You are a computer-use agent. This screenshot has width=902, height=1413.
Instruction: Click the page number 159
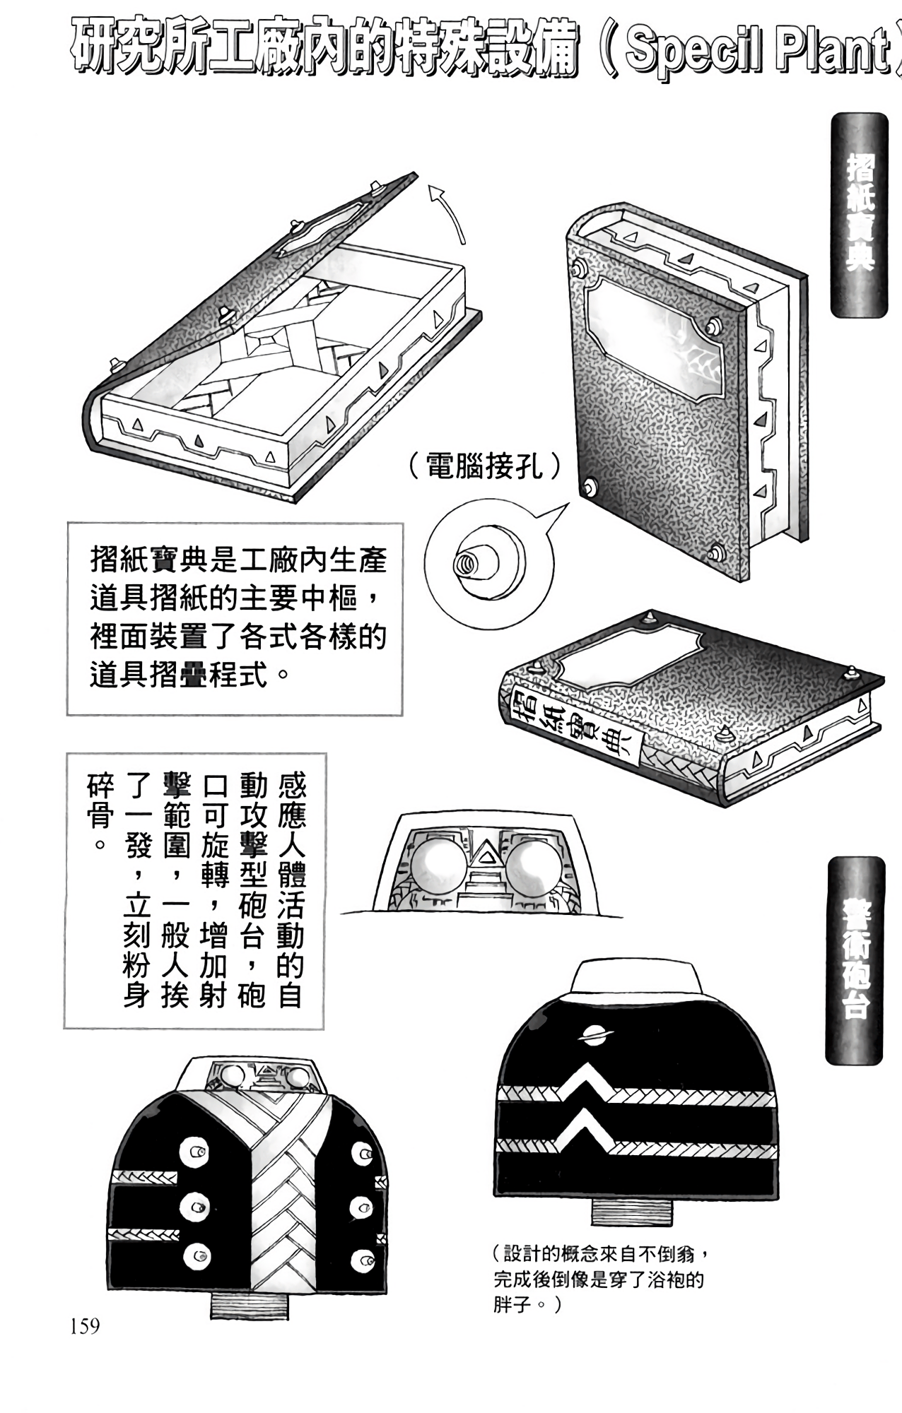[85, 1326]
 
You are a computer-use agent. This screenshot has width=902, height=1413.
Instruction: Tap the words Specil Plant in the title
[756, 51]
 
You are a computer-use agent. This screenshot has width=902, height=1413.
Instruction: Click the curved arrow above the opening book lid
[450, 212]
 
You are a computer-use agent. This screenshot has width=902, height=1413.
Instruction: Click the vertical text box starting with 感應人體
[195, 890]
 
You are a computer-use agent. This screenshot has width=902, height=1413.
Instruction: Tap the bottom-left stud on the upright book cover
[589, 486]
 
